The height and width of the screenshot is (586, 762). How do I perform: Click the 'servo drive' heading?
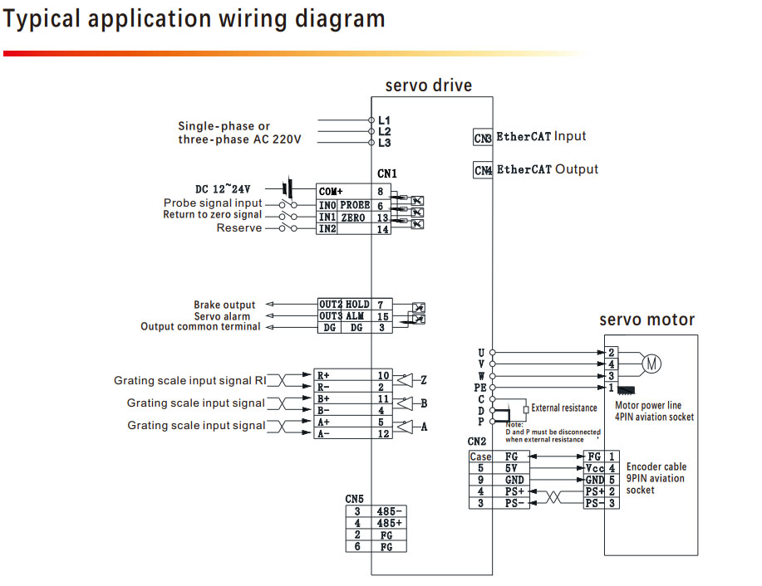[428, 85]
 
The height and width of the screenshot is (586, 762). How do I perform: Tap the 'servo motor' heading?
[646, 320]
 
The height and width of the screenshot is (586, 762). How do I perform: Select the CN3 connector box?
[483, 138]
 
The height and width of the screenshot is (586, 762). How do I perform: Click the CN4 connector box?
[483, 170]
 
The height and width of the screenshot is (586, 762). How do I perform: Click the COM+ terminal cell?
[342, 191]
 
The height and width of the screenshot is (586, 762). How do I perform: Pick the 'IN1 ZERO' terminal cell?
[342, 217]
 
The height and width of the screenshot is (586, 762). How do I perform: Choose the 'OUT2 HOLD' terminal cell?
[343, 305]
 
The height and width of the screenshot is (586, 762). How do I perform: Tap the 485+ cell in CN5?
[389, 523]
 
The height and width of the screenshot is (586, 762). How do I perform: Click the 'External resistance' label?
[564, 408]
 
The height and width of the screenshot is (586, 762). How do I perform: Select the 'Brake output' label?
[224, 305]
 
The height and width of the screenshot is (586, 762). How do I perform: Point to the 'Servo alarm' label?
[222, 316]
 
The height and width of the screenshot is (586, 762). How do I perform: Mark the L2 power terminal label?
[384, 131]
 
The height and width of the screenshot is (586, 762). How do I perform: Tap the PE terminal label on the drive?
[479, 388]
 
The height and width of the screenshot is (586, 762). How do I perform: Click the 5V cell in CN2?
[511, 468]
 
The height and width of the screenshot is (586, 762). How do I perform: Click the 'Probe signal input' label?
[213, 203]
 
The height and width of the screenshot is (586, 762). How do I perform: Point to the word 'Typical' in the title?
[42, 19]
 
